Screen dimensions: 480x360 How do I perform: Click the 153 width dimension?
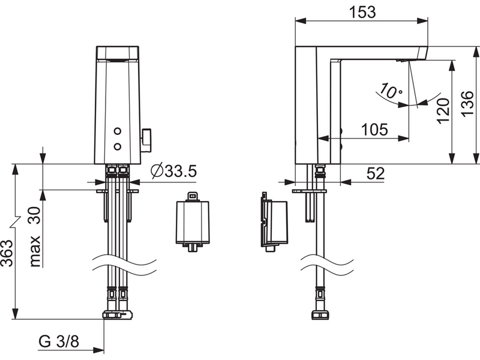[362, 13]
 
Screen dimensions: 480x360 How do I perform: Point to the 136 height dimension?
[467, 104]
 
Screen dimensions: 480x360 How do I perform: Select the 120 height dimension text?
[443, 111]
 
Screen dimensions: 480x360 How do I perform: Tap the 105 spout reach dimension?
[374, 130]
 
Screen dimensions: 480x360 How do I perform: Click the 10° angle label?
[391, 91]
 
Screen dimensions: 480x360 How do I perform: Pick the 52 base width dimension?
[376, 174]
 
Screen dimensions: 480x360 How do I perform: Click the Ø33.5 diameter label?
[174, 172]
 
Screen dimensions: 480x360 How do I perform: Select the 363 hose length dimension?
[7, 253]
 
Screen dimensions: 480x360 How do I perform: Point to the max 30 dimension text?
[35, 236]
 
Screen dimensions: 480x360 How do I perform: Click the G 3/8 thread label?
[59, 341]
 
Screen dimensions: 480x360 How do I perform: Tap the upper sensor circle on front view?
[118, 131]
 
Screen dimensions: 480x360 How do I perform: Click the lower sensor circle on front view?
[118, 146]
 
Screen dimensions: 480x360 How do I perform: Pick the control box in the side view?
[274, 222]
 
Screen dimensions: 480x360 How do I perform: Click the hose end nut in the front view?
[118, 315]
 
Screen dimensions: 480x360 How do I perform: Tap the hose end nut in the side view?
[320, 315]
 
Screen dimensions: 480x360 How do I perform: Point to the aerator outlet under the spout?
[401, 61]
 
